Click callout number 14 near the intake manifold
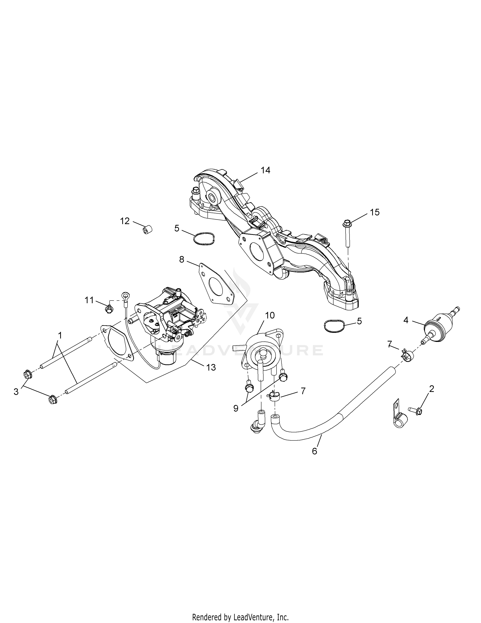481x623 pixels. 265,170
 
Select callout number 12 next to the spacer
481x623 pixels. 125,221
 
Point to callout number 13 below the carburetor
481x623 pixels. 211,367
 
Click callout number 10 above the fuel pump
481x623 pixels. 270,315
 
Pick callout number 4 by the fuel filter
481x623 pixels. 406,320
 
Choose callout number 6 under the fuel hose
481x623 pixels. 315,451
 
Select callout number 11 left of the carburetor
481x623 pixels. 89,300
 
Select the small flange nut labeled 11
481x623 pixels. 108,308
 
